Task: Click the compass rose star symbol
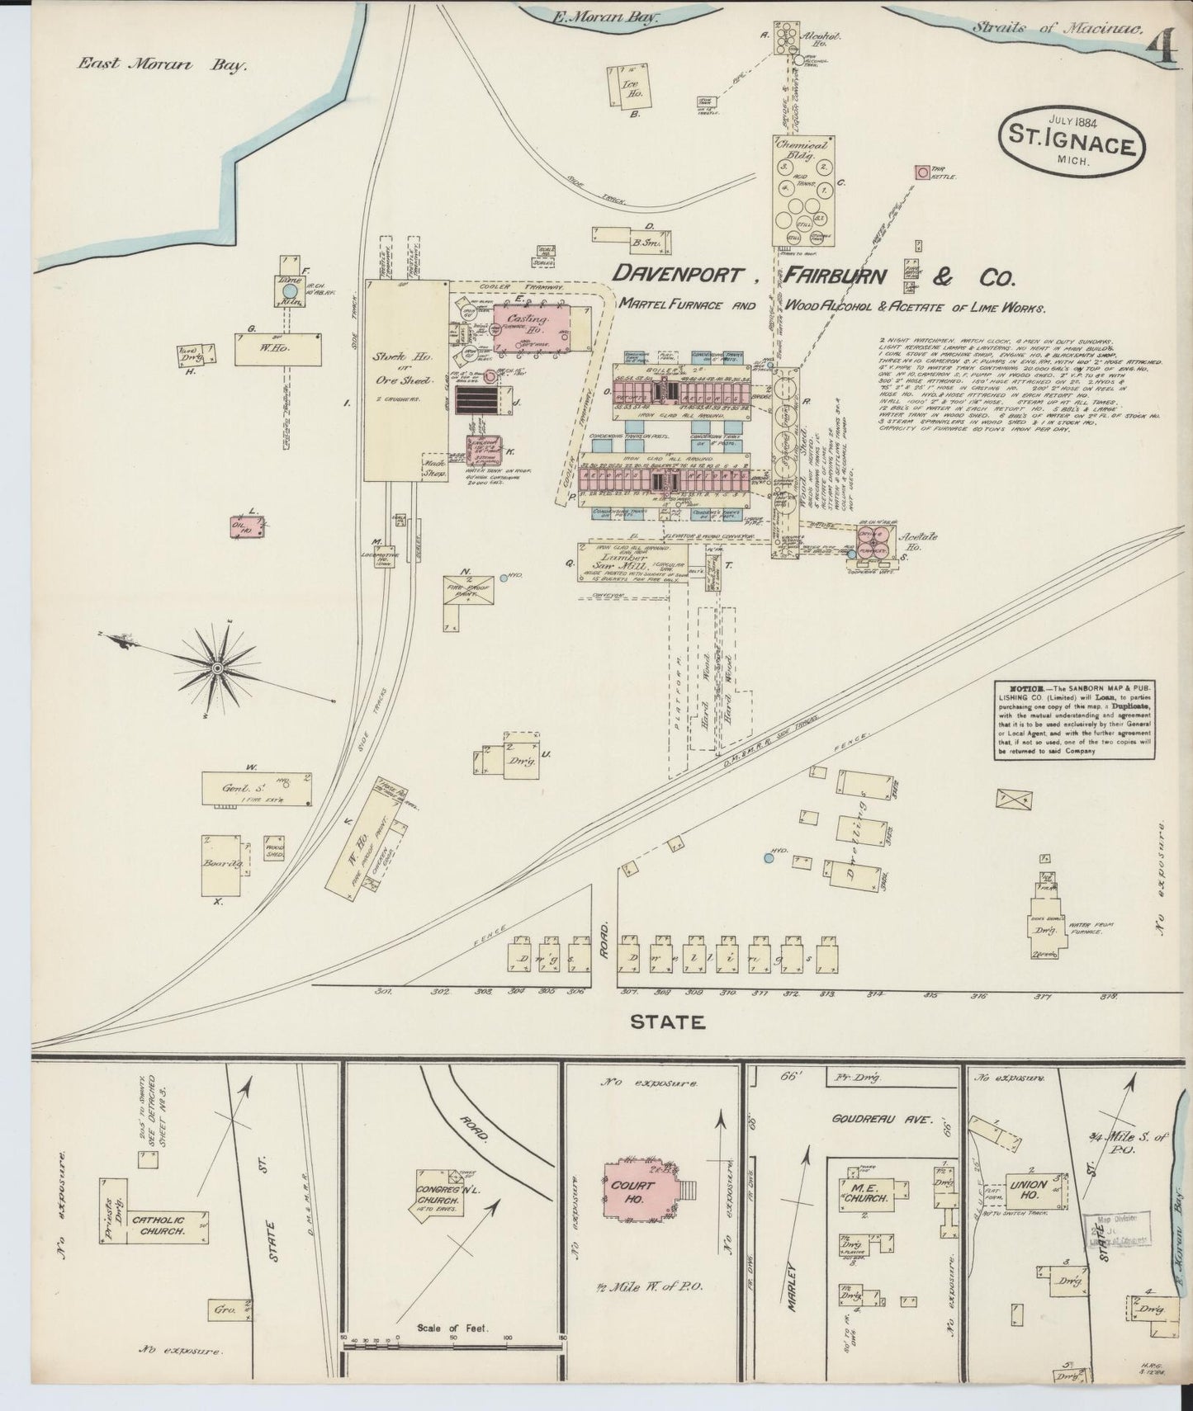pos(217,667)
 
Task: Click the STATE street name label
pos(667,1022)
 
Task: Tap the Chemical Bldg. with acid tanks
pos(804,191)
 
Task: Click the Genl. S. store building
pos(258,789)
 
